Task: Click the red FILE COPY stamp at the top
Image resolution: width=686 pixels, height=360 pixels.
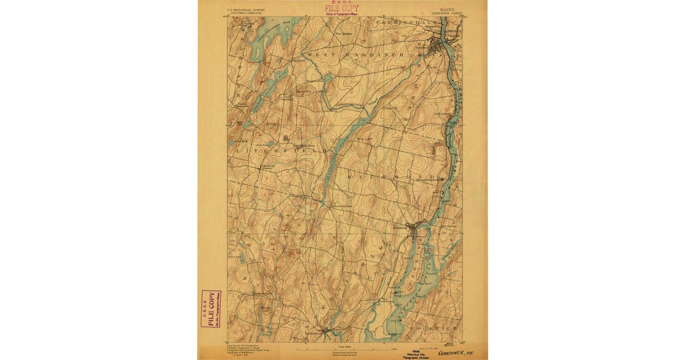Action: click(x=342, y=8)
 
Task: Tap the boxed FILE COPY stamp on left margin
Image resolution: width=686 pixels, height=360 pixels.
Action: click(x=210, y=309)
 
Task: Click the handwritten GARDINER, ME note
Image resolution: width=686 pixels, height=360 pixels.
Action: click(x=456, y=353)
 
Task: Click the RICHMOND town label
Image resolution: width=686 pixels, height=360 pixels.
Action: click(x=394, y=178)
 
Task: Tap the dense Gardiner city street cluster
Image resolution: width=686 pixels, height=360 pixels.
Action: click(x=440, y=45)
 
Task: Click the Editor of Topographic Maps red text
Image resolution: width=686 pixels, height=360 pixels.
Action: click(x=342, y=13)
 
